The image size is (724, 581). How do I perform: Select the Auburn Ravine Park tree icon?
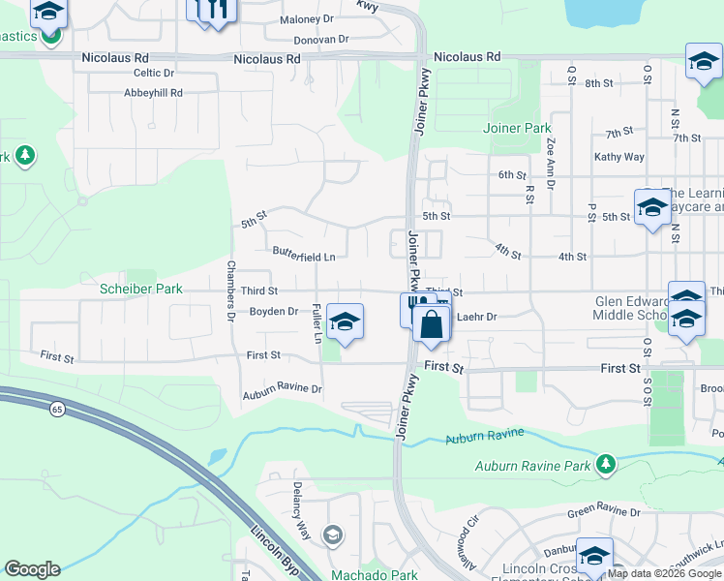click(606, 465)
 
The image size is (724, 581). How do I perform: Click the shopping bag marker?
click(432, 324)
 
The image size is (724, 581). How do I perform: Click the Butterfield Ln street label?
click(304, 257)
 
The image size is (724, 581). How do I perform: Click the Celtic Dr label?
click(154, 73)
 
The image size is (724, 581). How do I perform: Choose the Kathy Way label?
click(619, 157)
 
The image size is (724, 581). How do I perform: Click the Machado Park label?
click(374, 575)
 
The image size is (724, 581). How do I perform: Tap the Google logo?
click(32, 569)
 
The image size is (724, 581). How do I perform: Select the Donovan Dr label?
click(320, 40)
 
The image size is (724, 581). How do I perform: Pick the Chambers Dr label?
click(231, 290)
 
